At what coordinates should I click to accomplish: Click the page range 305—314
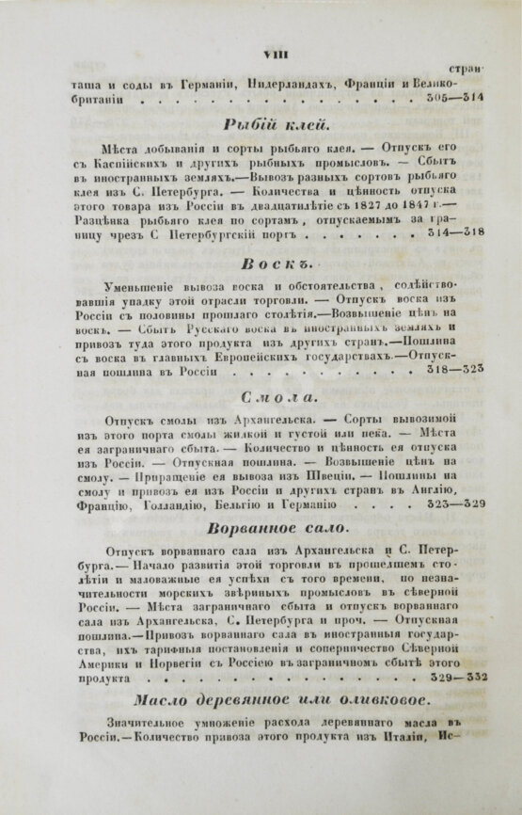452,97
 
